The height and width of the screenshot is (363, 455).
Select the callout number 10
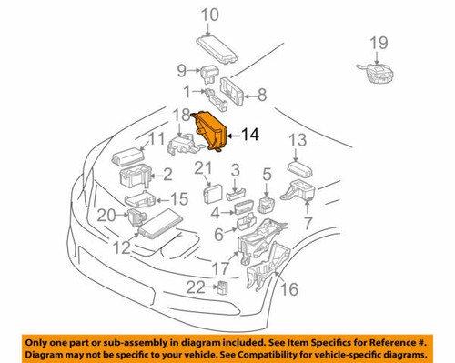(x=210, y=15)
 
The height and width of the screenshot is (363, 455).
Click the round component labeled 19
(x=373, y=73)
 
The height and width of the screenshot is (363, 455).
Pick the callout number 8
(x=261, y=93)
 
